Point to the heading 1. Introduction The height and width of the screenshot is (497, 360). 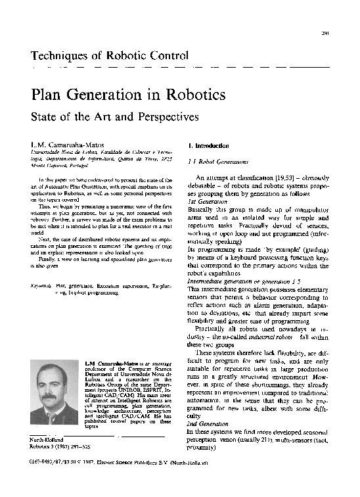tap(209, 145)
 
